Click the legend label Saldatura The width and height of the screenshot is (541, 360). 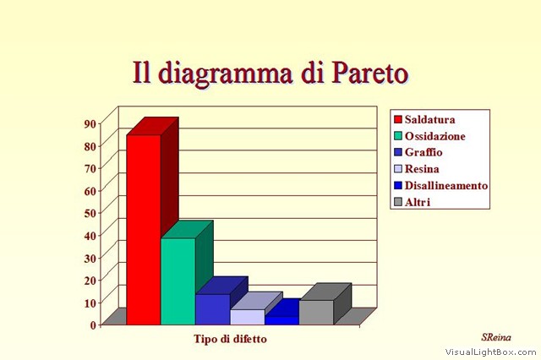(430, 120)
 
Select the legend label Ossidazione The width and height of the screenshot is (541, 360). (435, 136)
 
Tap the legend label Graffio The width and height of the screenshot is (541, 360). (424, 152)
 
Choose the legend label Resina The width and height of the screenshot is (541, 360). (422, 169)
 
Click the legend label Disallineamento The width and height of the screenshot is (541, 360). (446, 186)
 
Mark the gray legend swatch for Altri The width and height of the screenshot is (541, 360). (398, 202)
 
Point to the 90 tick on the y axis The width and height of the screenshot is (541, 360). (90, 123)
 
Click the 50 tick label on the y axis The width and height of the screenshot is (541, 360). (90, 213)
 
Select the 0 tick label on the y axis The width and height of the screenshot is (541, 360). (93, 325)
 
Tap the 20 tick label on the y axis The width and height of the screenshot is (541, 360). (90, 280)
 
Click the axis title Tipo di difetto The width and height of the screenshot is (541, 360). (230, 339)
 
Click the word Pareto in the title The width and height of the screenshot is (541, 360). (370, 74)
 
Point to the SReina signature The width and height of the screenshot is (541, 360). (496, 337)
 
